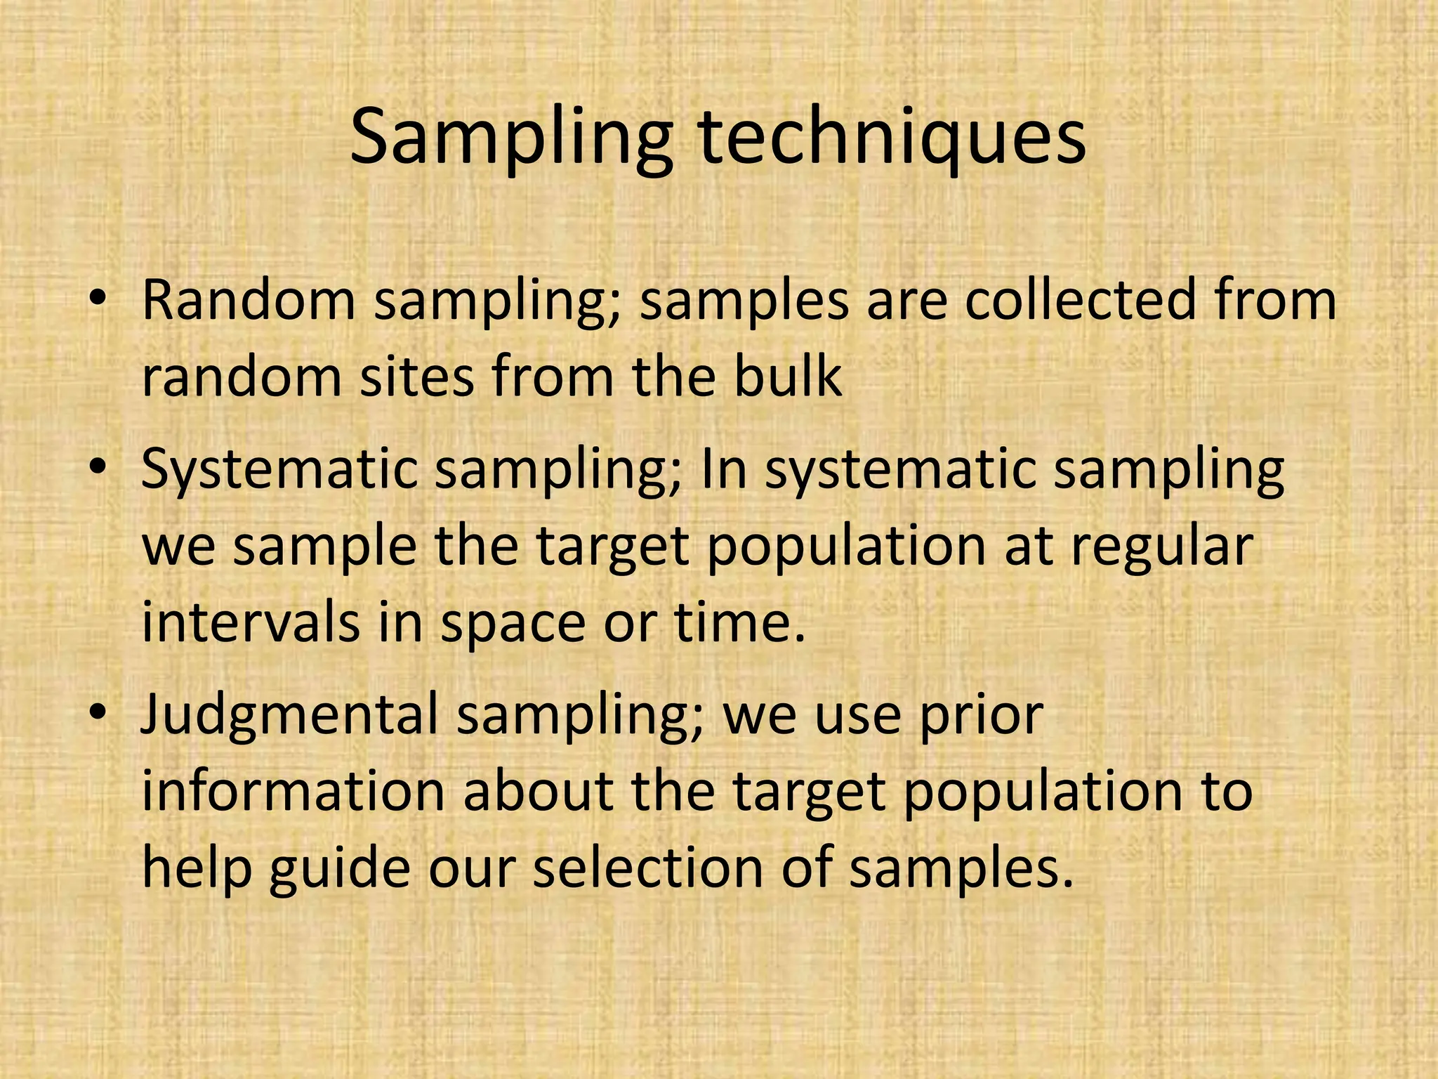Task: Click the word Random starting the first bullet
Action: pos(249,300)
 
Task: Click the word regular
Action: pos(1161,547)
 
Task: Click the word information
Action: pos(293,792)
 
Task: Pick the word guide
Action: pos(339,870)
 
